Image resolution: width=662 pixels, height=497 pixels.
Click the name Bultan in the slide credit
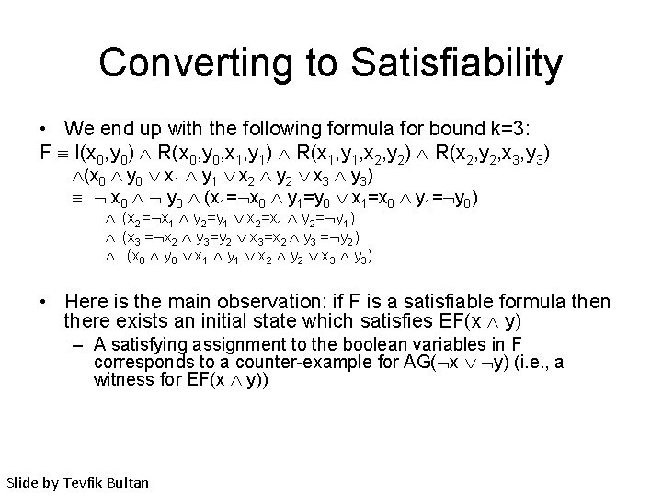132,481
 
